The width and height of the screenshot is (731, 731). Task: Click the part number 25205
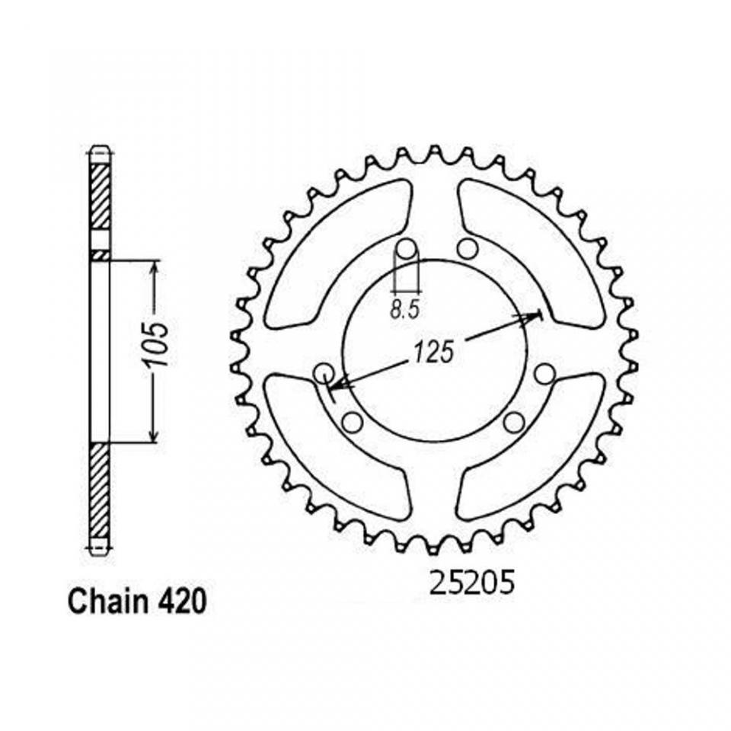coord(471,583)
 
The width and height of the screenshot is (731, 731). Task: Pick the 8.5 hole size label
coord(404,310)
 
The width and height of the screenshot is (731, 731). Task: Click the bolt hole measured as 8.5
coord(407,247)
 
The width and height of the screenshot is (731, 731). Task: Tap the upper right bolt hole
coord(468,248)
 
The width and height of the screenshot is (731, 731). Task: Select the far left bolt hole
coord(324,373)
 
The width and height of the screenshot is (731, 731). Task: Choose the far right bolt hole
coord(544,373)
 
